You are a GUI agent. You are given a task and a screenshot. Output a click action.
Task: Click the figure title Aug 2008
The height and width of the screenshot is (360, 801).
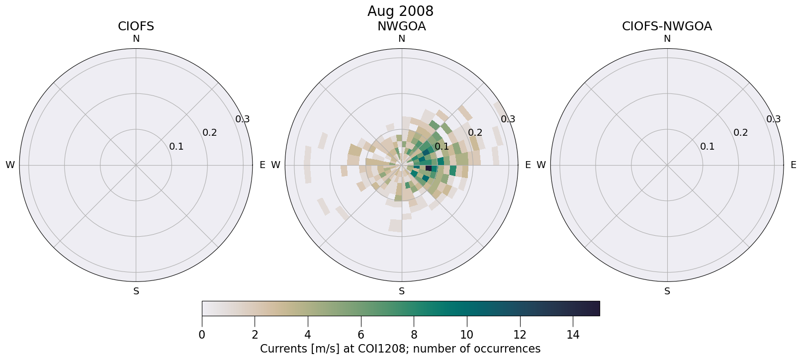tap(400, 11)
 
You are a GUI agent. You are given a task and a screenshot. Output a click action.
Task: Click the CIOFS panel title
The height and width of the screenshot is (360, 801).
tap(136, 26)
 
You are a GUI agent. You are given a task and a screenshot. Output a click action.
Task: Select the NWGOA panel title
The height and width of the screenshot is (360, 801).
tap(401, 26)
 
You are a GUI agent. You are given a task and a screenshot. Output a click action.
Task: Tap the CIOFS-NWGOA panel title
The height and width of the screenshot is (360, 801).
tap(667, 26)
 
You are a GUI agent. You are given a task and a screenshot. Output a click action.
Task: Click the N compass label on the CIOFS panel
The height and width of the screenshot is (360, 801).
tap(136, 39)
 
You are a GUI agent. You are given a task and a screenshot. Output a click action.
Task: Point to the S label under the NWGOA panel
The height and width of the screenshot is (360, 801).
tap(401, 291)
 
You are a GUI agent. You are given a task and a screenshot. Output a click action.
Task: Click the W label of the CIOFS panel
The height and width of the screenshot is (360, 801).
tap(10, 165)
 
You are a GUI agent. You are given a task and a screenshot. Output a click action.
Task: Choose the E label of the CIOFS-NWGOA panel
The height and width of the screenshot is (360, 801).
tap(793, 165)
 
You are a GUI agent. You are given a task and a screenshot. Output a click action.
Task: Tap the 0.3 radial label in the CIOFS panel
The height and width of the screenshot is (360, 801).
tap(243, 119)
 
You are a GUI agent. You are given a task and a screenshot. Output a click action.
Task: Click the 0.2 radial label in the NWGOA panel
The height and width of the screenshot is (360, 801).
tap(475, 133)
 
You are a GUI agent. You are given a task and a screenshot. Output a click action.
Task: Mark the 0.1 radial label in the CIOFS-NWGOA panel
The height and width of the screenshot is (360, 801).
tap(707, 147)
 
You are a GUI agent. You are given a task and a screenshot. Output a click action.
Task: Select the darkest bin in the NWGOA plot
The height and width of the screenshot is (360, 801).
tap(429, 169)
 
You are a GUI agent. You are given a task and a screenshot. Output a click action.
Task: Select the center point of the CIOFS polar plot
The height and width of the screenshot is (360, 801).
tap(136, 165)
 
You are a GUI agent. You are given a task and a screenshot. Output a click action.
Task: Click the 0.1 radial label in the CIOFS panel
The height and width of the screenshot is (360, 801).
tap(176, 147)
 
